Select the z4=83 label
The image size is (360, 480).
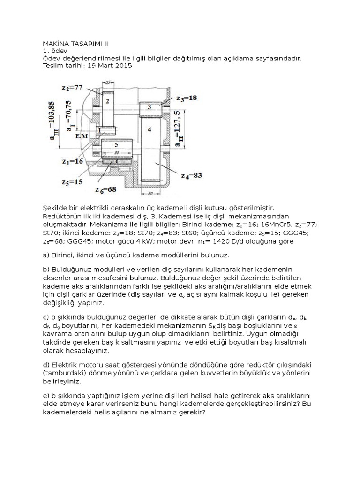pyautogui.click(x=191, y=175)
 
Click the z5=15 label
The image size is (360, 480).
pyautogui.click(x=73, y=182)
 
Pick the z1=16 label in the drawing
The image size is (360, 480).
pyautogui.click(x=73, y=162)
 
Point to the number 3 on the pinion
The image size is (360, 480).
pyautogui.click(x=149, y=107)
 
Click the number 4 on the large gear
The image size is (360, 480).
pyautogui.click(x=149, y=128)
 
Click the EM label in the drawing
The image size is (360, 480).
pyautogui.click(x=82, y=135)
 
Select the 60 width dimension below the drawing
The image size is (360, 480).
pyautogui.click(x=150, y=193)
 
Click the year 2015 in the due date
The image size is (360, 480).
pyautogui.click(x=123, y=66)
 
